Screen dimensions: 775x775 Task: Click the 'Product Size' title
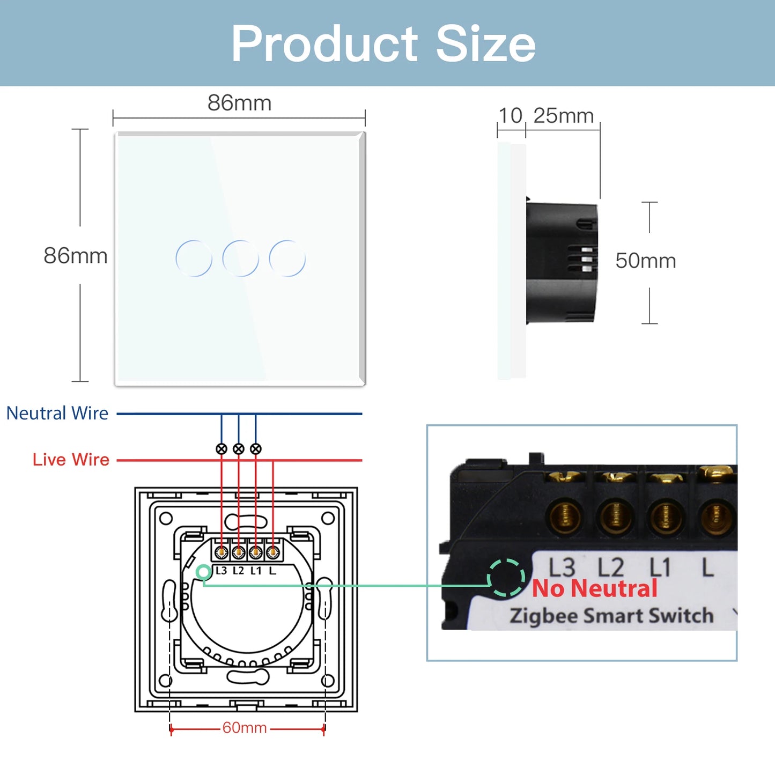383,44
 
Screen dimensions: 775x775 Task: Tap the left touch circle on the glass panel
194,259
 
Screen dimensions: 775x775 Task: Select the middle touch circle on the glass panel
240,259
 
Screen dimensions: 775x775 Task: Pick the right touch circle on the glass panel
287,259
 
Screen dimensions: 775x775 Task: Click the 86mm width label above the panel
239,103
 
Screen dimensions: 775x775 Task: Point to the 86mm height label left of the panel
76,256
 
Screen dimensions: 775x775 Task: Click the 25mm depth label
563,116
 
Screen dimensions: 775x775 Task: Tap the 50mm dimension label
645,261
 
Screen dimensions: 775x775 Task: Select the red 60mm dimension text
245,728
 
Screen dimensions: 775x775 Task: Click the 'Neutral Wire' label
57,414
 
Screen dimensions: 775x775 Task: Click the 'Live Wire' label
71,460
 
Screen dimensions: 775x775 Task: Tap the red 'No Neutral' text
594,588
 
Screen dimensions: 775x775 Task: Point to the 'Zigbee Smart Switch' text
611,616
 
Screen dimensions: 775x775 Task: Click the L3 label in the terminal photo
562,567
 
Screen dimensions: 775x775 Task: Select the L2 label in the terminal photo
611,567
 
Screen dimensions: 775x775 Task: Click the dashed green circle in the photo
506,578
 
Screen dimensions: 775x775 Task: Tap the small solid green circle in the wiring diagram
203,572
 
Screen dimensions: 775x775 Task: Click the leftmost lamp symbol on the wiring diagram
222,449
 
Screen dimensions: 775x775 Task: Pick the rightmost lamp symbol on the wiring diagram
256,449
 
